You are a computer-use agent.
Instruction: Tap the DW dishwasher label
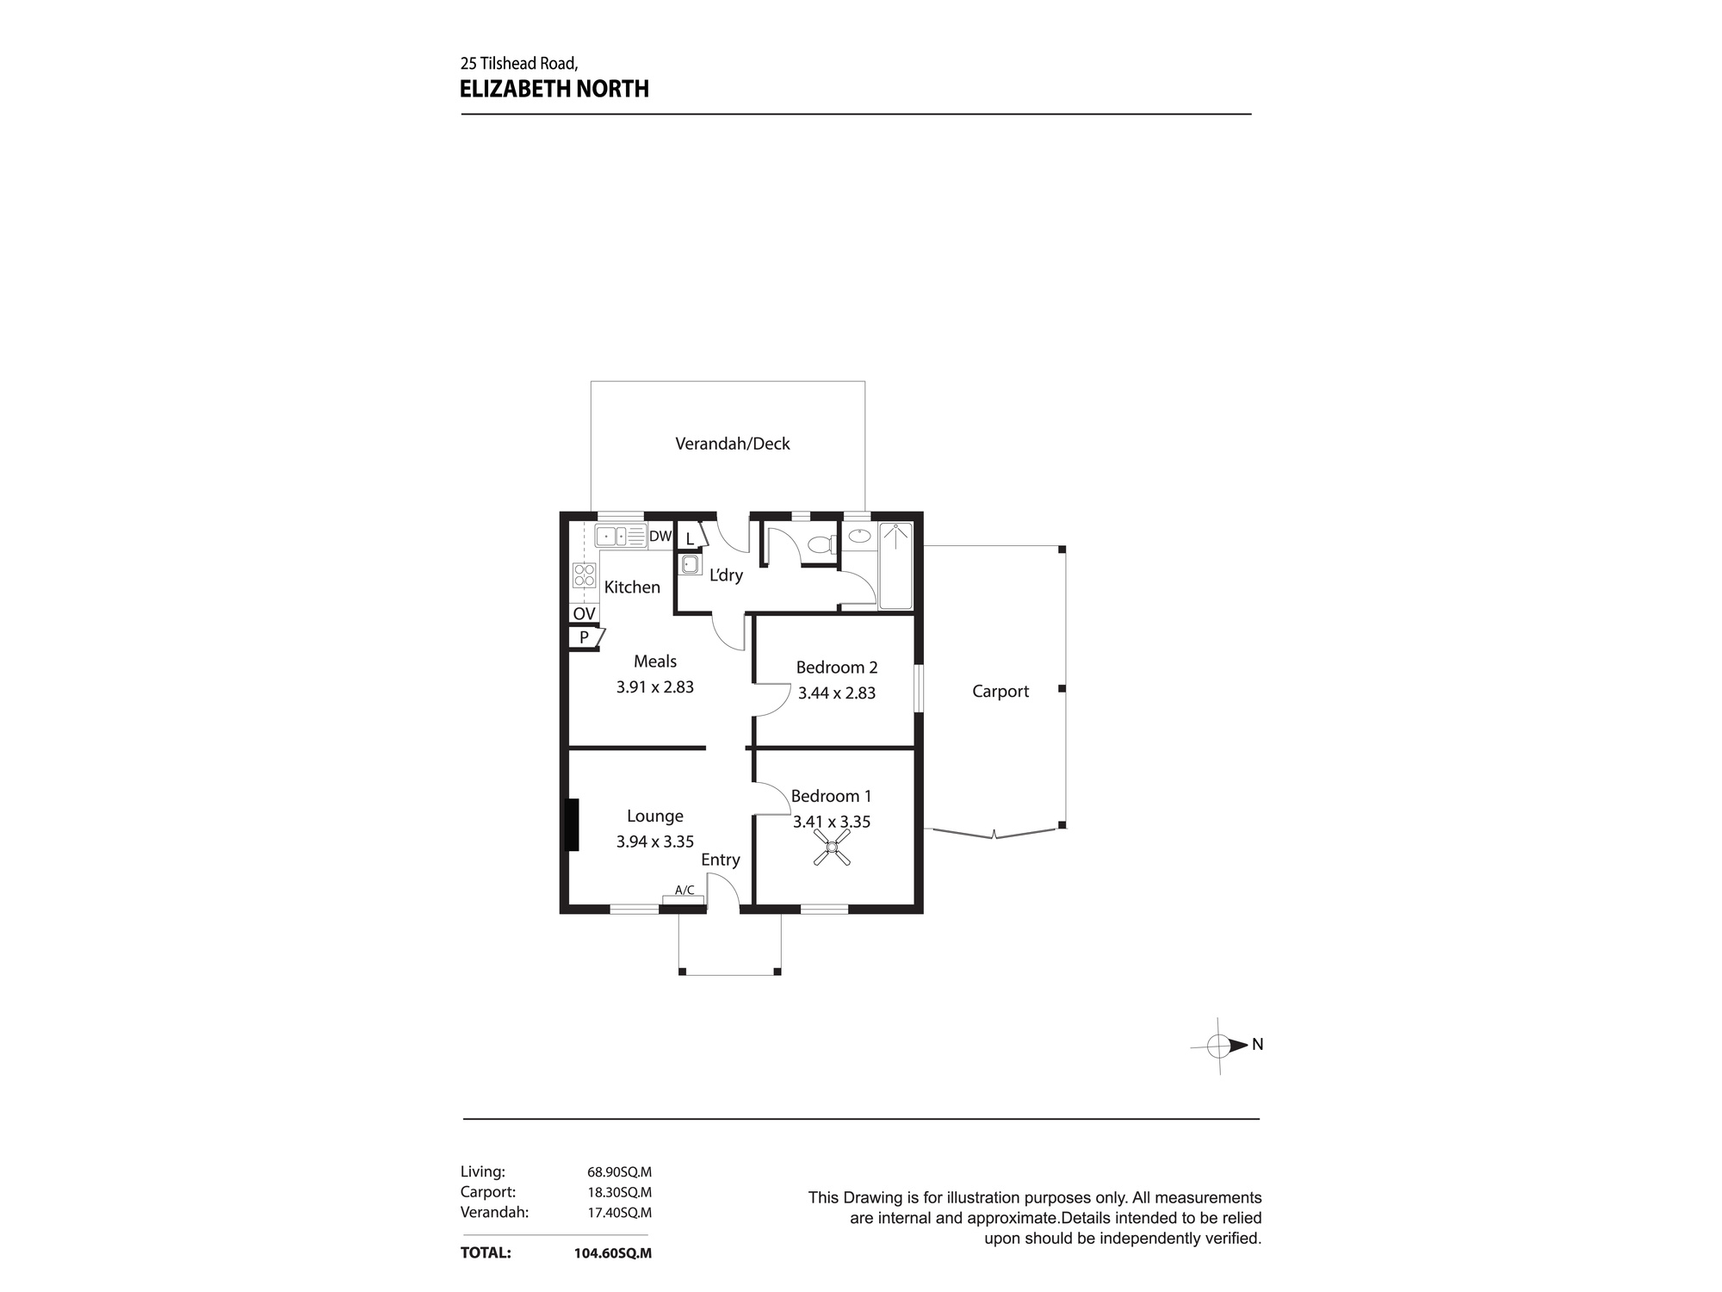click(x=660, y=537)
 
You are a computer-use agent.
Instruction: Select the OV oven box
click(x=584, y=613)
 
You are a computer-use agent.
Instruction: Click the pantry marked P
click(x=585, y=637)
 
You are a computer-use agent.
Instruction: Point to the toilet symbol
click(x=821, y=544)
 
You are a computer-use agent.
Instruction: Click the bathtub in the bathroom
click(x=895, y=566)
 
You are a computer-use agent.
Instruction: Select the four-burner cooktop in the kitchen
click(x=585, y=575)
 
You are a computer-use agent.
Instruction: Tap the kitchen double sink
click(x=620, y=537)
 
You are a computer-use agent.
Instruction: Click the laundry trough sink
click(x=690, y=565)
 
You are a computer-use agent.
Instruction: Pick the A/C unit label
click(x=684, y=891)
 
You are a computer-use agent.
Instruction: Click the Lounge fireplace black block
click(x=571, y=825)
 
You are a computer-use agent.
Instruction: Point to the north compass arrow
click(x=1237, y=1046)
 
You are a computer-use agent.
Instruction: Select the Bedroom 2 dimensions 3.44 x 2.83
click(x=836, y=693)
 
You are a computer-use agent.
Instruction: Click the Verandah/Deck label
click(x=732, y=444)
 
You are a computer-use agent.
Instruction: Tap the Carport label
click(x=1000, y=691)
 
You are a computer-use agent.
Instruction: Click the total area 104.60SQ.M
click(x=612, y=1253)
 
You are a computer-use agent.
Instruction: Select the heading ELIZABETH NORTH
click(x=554, y=89)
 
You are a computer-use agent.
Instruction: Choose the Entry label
click(x=720, y=860)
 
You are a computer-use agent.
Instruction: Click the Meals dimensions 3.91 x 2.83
click(x=654, y=686)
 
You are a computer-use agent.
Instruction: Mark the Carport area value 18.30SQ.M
click(x=619, y=1192)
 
